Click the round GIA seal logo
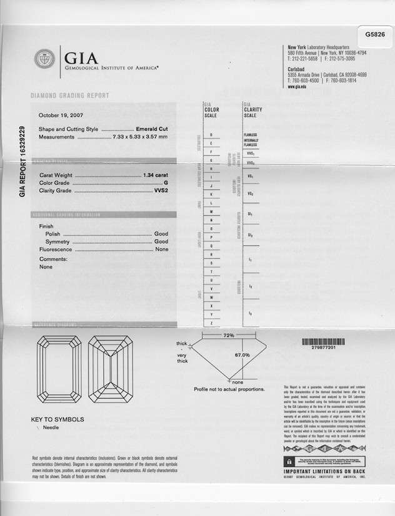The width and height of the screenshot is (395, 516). tap(44, 59)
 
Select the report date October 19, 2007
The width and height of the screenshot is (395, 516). tap(61, 115)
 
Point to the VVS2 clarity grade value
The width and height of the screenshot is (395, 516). tap(161, 192)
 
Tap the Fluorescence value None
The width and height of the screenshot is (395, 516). tap(162, 249)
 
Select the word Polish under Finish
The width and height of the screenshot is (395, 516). tap(52, 233)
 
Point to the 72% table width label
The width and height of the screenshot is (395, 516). tap(229, 336)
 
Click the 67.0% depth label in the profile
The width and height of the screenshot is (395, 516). tap(242, 355)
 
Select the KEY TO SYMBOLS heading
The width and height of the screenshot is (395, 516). tap(57, 420)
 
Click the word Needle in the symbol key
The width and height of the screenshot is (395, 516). tap(52, 428)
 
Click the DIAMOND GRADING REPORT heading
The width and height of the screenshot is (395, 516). tap(70, 95)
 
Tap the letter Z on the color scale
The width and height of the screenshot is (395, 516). tap(211, 323)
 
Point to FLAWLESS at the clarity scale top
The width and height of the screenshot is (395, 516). tap(251, 135)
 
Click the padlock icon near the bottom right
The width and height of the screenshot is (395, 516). tap(289, 461)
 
